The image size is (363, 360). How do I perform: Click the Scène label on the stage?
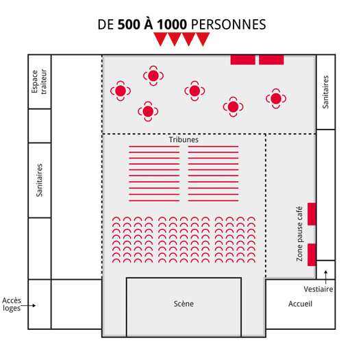click(x=184, y=304)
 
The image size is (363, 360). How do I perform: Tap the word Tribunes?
click(x=184, y=140)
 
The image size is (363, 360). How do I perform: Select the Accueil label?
click(x=300, y=304)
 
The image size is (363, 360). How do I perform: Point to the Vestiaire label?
click(x=318, y=289)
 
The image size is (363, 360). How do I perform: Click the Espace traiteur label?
click(x=39, y=82)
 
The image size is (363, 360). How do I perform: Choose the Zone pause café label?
click(x=299, y=234)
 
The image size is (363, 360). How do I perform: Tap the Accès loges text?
click(x=12, y=304)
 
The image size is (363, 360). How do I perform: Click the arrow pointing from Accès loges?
click(x=28, y=306)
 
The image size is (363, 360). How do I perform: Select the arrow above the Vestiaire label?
click(x=326, y=277)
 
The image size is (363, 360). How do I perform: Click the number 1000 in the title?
click(x=172, y=24)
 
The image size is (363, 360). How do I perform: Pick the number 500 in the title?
click(x=129, y=24)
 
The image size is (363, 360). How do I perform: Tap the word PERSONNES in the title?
click(x=229, y=24)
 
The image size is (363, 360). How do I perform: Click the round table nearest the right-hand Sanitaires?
click(x=276, y=99)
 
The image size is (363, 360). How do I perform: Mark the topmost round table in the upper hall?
click(x=153, y=76)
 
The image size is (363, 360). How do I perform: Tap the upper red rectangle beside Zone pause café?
click(x=312, y=214)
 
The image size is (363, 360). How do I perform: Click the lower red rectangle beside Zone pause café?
click(x=312, y=254)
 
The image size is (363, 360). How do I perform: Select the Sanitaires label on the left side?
click(x=39, y=180)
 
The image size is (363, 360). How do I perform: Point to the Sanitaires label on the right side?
click(x=325, y=92)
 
